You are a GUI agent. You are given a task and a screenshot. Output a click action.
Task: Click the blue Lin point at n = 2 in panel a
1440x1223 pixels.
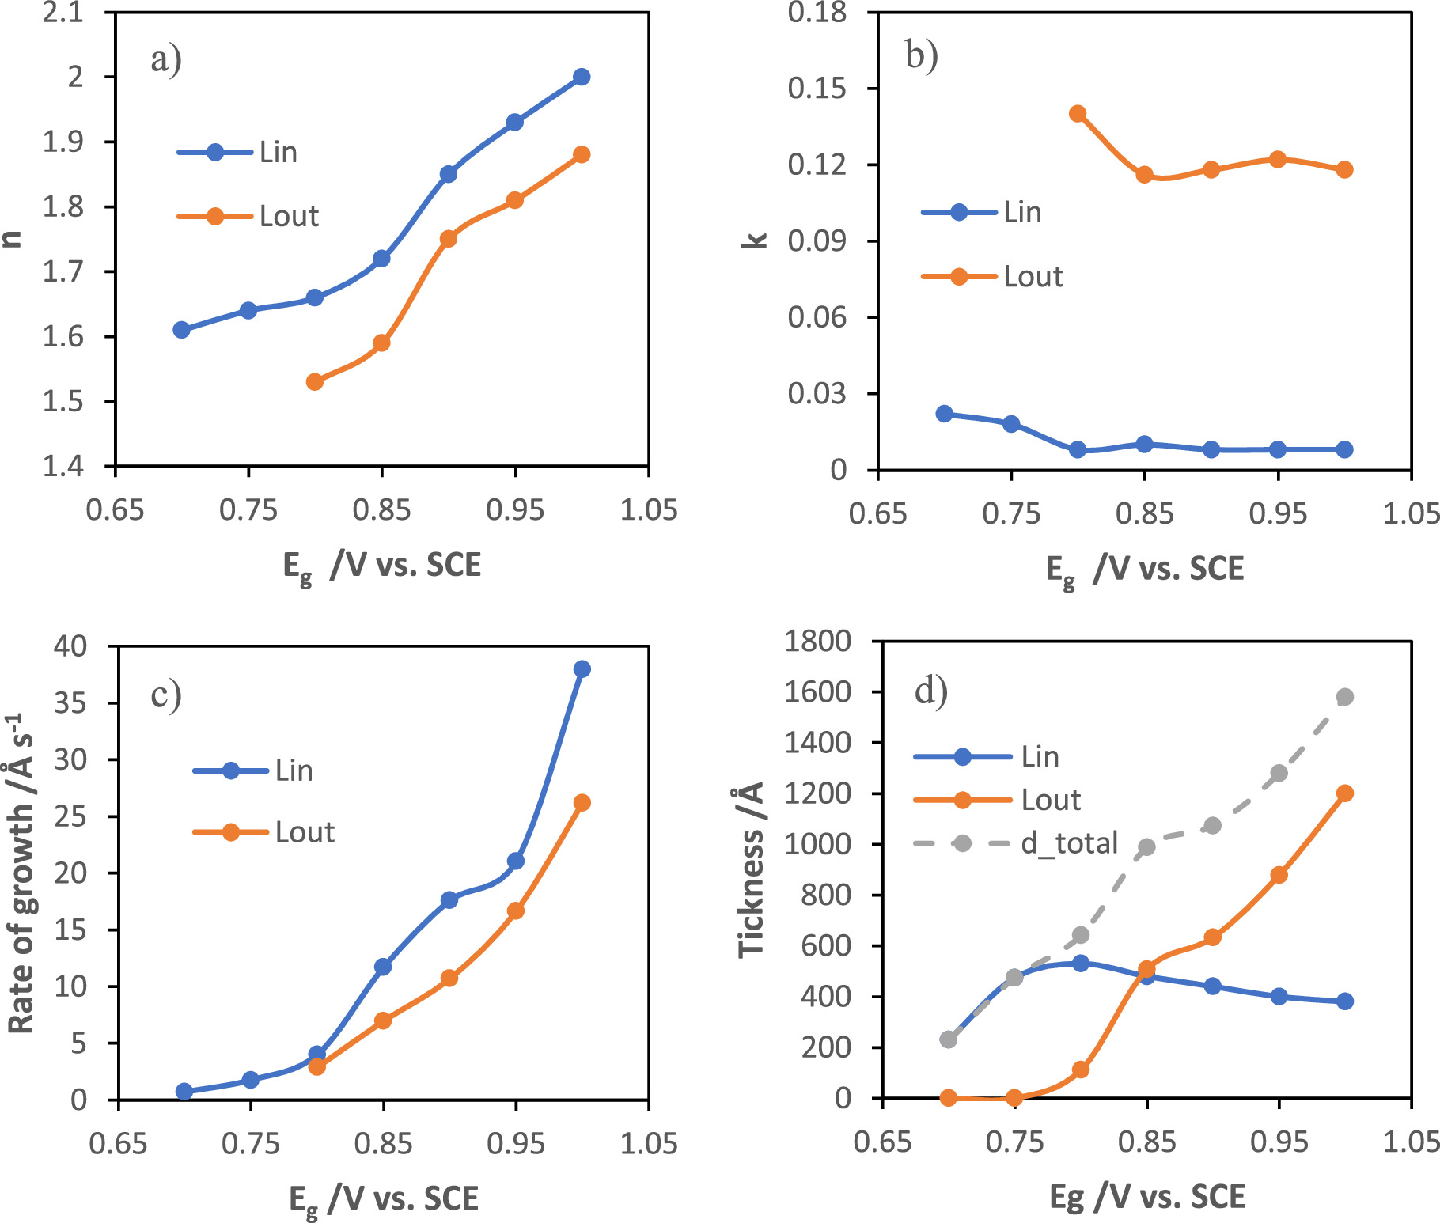582,77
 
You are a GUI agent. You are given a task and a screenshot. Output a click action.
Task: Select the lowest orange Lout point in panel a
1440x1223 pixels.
315,381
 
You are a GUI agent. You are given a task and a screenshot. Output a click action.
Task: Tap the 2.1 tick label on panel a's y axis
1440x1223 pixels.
63,13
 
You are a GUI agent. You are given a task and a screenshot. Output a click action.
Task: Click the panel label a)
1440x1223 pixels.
166,59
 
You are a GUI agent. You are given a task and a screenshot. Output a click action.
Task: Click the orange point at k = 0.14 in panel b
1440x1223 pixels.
1078,114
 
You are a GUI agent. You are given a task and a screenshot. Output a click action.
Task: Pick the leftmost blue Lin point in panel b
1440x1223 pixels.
944,414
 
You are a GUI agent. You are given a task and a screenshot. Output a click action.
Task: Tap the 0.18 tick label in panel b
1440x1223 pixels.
817,13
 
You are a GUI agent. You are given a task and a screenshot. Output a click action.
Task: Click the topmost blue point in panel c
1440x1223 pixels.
582,669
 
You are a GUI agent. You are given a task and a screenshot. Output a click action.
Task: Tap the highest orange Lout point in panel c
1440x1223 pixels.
582,803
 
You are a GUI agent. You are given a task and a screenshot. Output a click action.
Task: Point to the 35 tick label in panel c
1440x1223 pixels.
70,702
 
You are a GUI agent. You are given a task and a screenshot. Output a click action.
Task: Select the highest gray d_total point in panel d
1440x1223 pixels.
1345,697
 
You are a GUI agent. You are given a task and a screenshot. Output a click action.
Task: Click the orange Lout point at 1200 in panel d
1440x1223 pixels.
1345,793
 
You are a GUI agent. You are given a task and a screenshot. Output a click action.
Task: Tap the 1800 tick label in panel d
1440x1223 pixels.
817,641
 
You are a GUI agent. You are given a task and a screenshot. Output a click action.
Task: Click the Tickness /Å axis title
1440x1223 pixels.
752,870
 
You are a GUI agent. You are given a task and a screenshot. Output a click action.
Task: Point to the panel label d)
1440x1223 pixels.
931,691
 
